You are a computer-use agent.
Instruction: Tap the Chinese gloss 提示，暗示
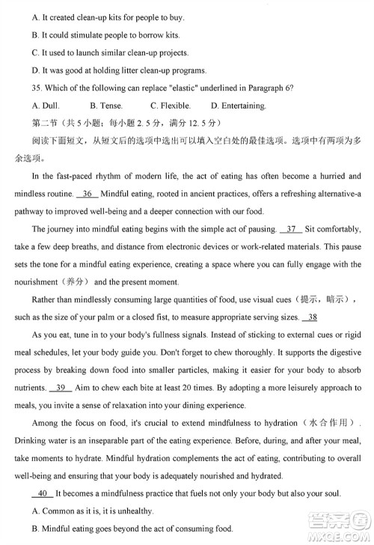[x=331, y=299]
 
